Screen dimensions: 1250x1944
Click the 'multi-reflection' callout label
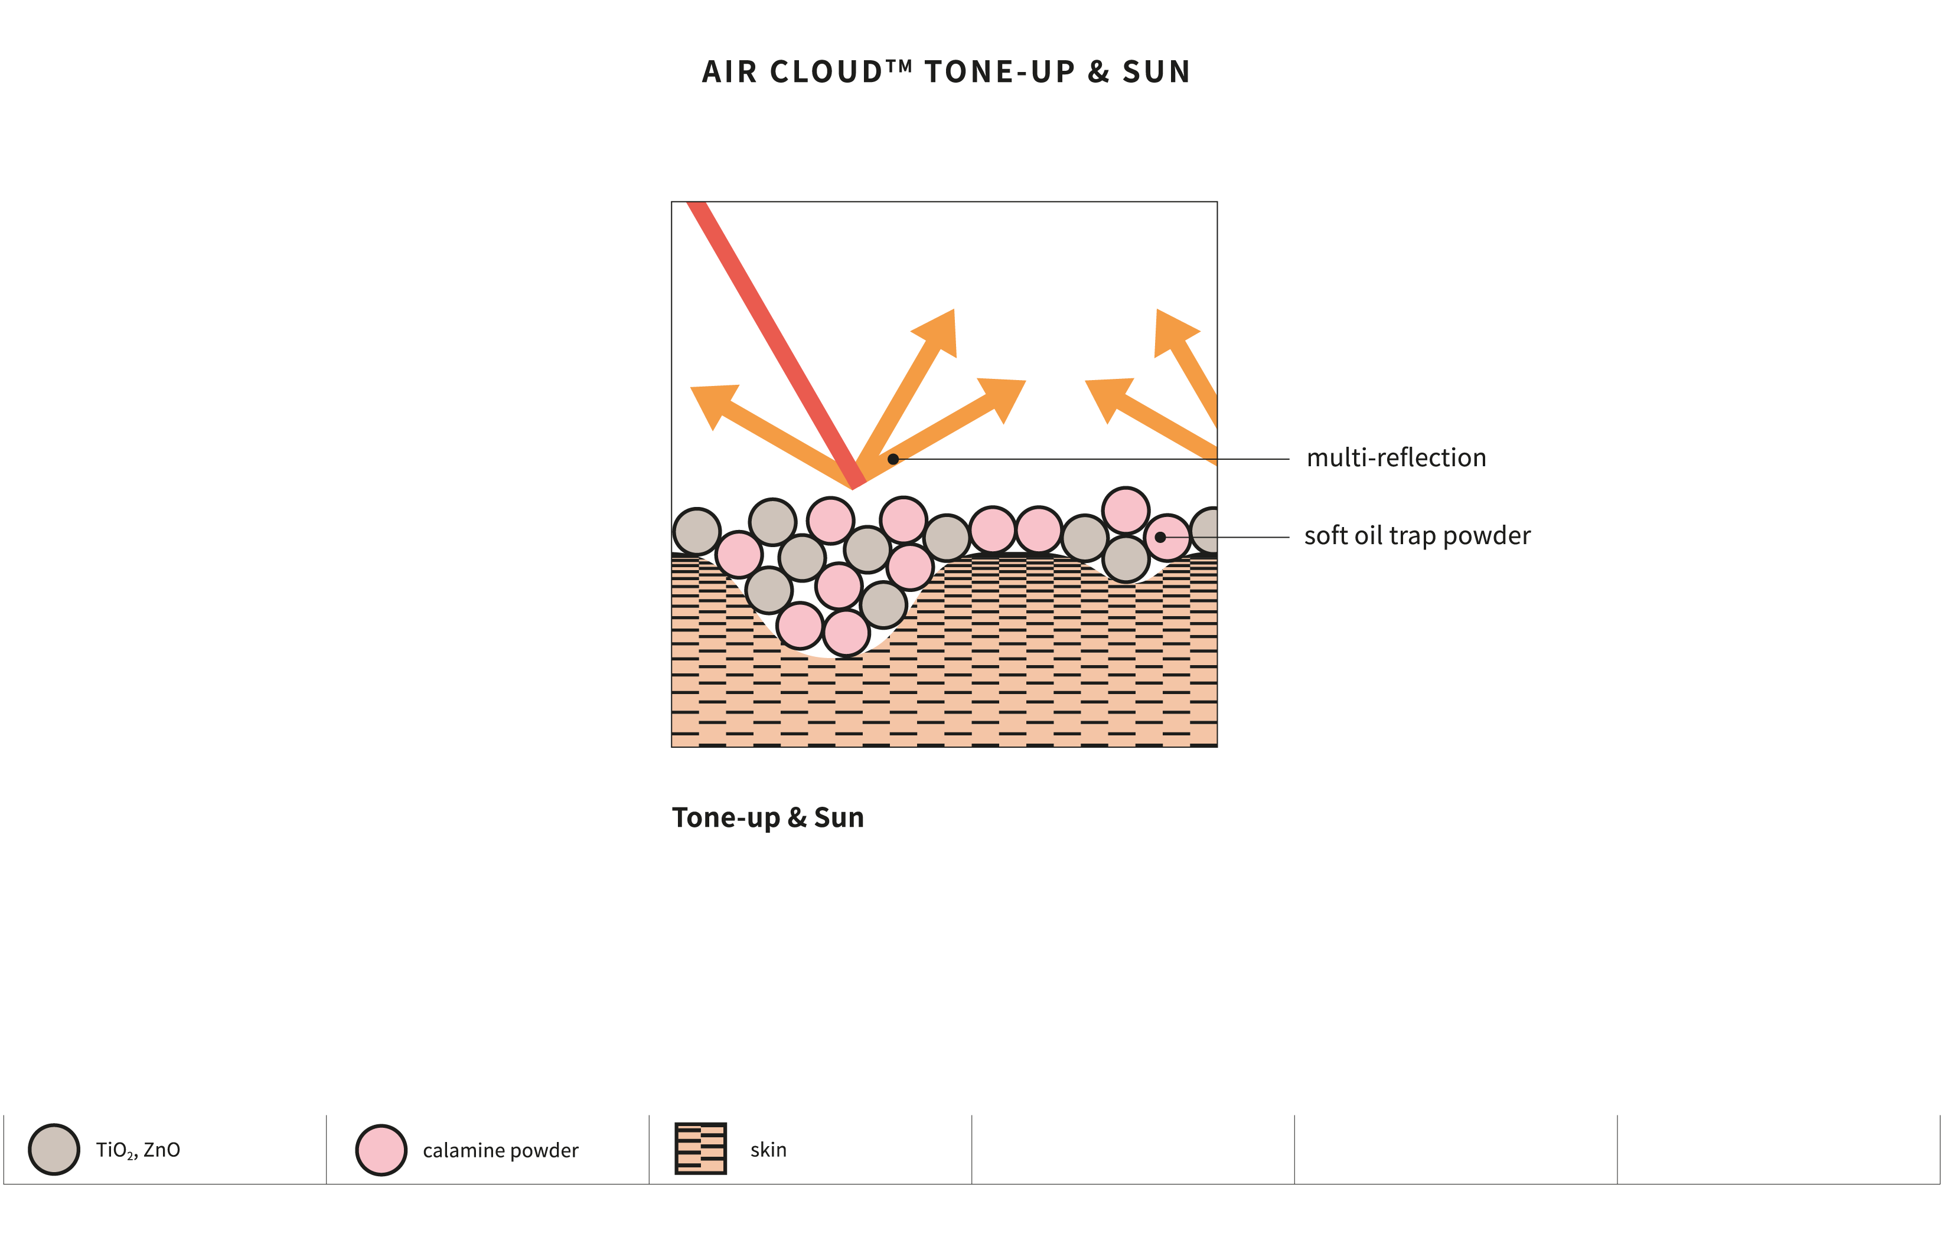pyautogui.click(x=1395, y=458)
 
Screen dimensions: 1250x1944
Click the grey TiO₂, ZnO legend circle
pyautogui.click(x=54, y=1149)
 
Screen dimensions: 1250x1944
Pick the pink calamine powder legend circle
pyautogui.click(x=381, y=1149)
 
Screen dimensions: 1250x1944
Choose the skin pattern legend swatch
pyautogui.click(x=700, y=1148)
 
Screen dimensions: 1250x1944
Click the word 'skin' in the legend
pyautogui.click(x=767, y=1149)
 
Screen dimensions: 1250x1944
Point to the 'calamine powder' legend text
pyautogui.click(x=500, y=1150)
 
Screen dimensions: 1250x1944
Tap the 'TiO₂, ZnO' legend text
pyautogui.click(x=138, y=1149)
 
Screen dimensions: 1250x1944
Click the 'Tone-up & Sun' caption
pyautogui.click(x=767, y=817)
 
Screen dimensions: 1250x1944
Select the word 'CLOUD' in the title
pyautogui.click(x=826, y=72)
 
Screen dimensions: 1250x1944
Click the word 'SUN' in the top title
pyautogui.click(x=1156, y=72)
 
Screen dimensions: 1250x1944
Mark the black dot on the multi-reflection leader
pyautogui.click(x=892, y=459)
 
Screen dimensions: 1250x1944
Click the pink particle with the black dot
pyautogui.click(x=1167, y=537)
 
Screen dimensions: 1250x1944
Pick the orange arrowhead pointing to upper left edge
pyautogui.click(x=712, y=402)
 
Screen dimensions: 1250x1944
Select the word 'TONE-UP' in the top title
pyautogui.click(x=1000, y=72)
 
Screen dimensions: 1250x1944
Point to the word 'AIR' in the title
pyautogui.click(x=729, y=72)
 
